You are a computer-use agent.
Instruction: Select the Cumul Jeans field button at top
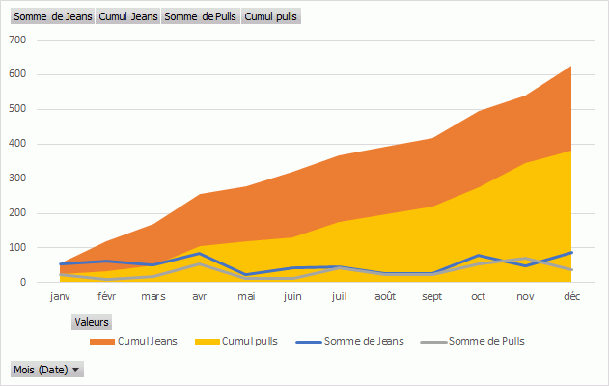click(129, 16)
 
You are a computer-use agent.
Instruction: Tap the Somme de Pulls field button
click(201, 16)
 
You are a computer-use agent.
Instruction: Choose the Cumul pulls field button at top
click(271, 16)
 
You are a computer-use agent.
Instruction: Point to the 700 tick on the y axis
click(17, 40)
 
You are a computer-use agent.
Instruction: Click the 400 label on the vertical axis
click(17, 144)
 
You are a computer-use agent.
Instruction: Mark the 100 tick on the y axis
click(17, 248)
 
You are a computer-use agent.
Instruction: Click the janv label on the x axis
click(60, 297)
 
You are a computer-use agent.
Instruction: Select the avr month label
click(199, 297)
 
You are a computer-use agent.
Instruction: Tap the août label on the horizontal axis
click(385, 297)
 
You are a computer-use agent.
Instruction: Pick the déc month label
click(571, 297)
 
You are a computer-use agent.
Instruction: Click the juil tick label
click(339, 297)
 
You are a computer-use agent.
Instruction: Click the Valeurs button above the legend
click(92, 322)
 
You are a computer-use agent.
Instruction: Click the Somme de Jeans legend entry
click(357, 342)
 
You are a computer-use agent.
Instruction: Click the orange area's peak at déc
click(571, 67)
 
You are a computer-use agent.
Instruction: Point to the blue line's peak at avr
click(199, 254)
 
